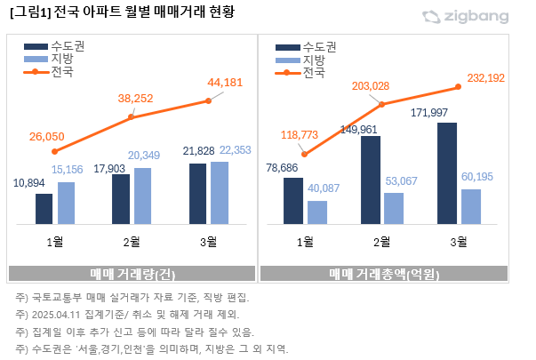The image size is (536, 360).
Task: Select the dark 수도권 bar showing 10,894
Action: click(x=44, y=208)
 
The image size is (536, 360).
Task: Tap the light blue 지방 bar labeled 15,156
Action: click(x=66, y=203)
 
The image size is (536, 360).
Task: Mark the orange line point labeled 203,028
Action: click(x=382, y=105)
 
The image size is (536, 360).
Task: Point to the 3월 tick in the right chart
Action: click(x=459, y=241)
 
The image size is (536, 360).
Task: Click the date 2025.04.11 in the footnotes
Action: click(x=58, y=314)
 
